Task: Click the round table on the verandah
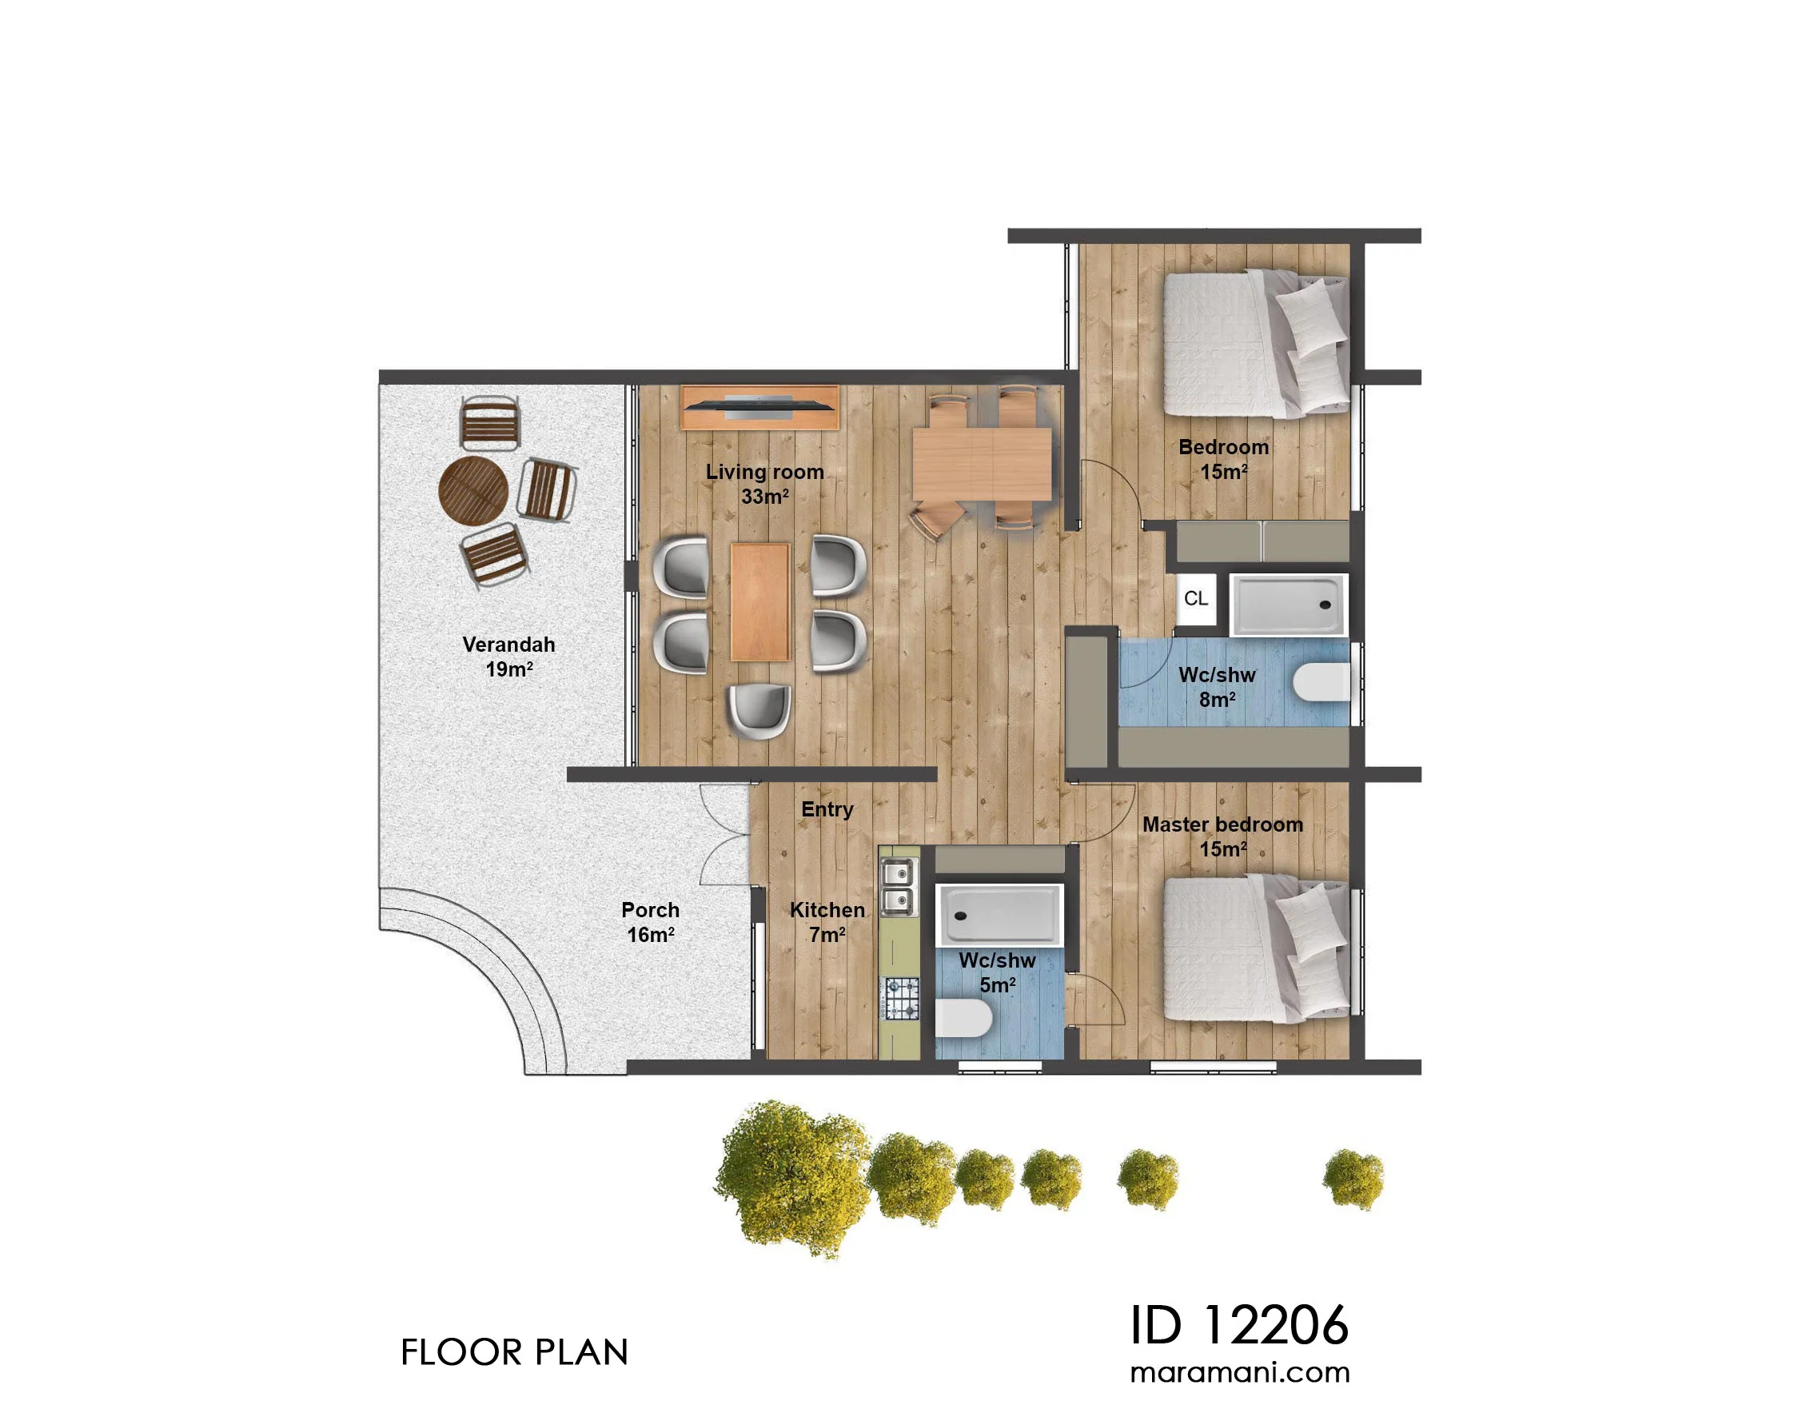(472, 490)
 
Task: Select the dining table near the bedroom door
(981, 463)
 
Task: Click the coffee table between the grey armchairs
(759, 601)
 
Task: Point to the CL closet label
(1195, 598)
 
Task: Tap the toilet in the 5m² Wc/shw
(964, 1019)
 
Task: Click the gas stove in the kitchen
(902, 999)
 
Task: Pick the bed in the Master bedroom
(1256, 951)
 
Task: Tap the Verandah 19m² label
(508, 657)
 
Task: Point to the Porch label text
(650, 910)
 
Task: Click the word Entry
(827, 809)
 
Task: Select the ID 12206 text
(1239, 1325)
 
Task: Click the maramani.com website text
(1240, 1372)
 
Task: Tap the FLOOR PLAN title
(514, 1352)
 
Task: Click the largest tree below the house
(792, 1178)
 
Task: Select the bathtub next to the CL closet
(1288, 605)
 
